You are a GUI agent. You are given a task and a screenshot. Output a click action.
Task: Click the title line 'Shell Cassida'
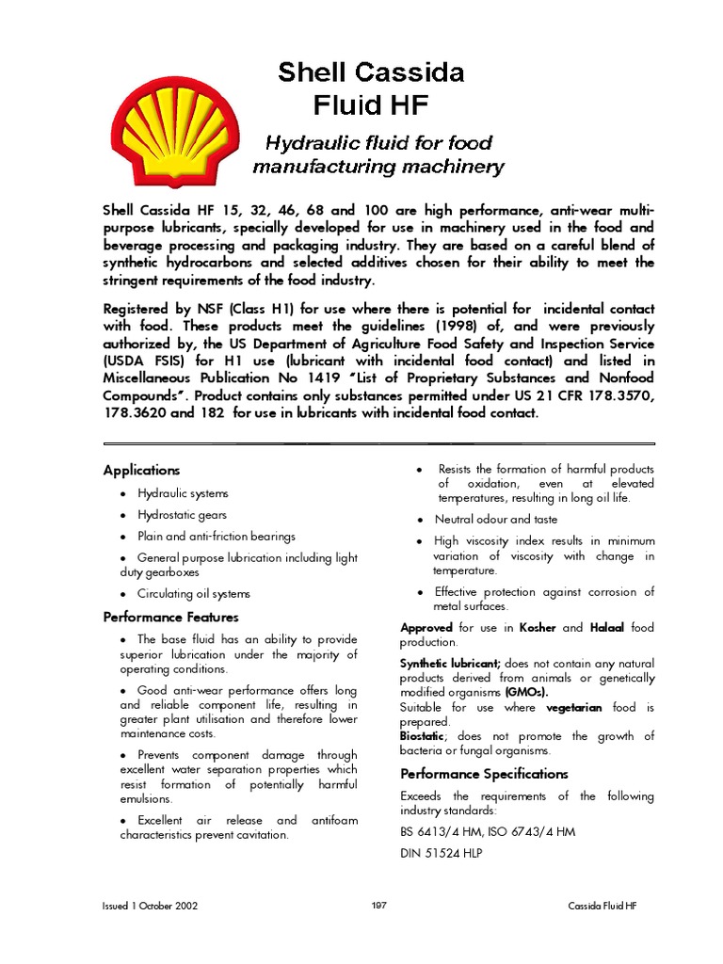(x=370, y=72)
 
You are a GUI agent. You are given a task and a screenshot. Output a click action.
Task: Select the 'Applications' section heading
(x=141, y=470)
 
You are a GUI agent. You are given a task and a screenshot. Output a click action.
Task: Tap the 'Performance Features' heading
(x=170, y=618)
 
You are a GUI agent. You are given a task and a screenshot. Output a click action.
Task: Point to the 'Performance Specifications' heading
(x=484, y=774)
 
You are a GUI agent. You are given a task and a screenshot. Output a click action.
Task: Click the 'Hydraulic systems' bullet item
(x=183, y=493)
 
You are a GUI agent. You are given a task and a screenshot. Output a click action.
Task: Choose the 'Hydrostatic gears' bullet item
(x=182, y=515)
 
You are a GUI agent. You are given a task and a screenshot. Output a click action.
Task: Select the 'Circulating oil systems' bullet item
(x=194, y=594)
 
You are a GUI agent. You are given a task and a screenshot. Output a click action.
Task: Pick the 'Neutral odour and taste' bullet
(x=495, y=520)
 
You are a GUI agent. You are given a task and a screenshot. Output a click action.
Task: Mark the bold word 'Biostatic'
(x=423, y=736)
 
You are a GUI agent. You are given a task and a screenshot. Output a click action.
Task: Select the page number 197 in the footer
(x=379, y=906)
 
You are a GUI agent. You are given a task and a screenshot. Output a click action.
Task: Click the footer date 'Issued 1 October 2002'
(x=150, y=906)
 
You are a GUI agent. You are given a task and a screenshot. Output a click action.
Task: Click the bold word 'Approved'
(x=427, y=627)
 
